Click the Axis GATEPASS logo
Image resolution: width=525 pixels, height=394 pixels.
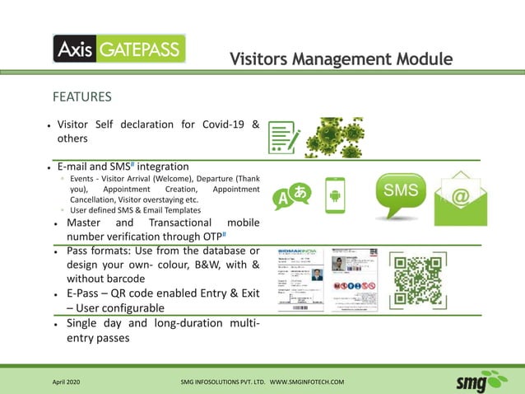(119, 49)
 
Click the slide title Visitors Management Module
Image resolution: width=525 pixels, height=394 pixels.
(341, 59)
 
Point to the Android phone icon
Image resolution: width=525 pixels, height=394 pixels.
(334, 196)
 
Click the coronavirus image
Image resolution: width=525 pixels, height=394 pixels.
(334, 137)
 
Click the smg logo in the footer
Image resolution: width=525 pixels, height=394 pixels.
(482, 381)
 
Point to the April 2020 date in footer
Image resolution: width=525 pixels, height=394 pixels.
(67, 382)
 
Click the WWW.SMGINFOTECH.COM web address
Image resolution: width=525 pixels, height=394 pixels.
(307, 382)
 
